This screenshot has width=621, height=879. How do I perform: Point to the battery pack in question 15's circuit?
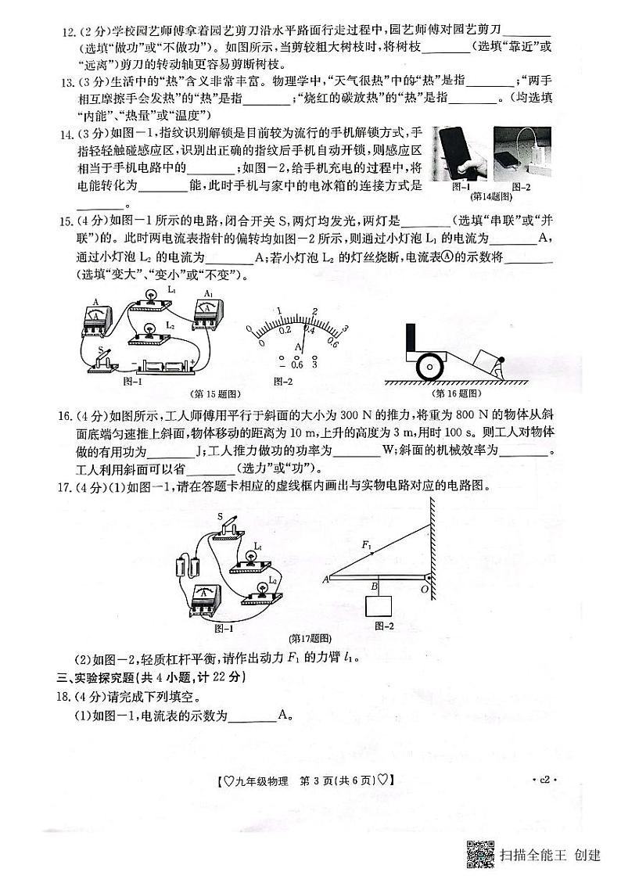[163, 365]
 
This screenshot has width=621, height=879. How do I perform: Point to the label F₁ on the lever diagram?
[366, 542]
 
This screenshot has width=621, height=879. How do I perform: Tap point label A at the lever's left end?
[325, 579]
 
